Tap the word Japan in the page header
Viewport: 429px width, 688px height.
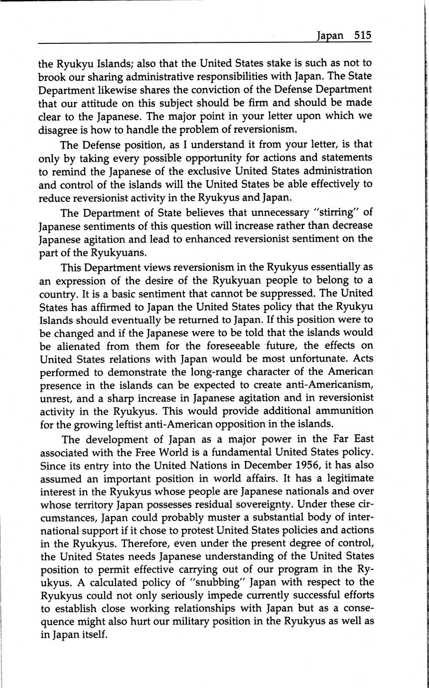click(x=330, y=36)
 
